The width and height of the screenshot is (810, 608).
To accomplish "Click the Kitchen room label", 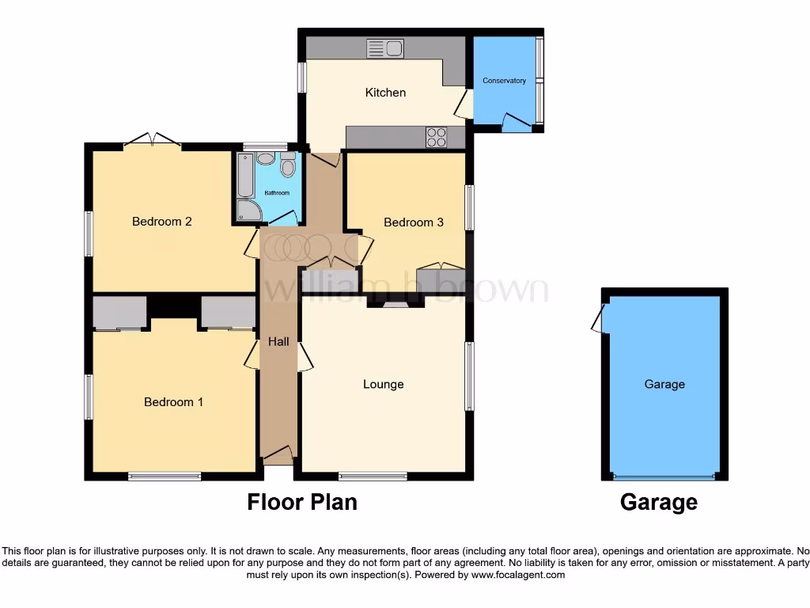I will pyautogui.click(x=385, y=93).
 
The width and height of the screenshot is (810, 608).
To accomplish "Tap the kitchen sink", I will pyautogui.click(x=385, y=48).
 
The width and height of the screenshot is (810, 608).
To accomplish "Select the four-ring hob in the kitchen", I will pyautogui.click(x=437, y=137).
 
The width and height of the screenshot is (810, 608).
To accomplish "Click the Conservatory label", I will pyautogui.click(x=504, y=81).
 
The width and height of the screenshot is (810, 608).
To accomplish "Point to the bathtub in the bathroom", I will pyautogui.click(x=245, y=175).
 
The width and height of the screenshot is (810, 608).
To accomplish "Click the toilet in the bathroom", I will pyautogui.click(x=287, y=165).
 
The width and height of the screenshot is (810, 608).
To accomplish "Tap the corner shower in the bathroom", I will pyautogui.click(x=248, y=210).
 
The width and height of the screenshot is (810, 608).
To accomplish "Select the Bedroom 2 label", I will pyautogui.click(x=161, y=222).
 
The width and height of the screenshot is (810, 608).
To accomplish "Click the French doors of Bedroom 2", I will pyautogui.click(x=152, y=141).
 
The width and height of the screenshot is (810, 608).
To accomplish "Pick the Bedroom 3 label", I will pyautogui.click(x=413, y=222).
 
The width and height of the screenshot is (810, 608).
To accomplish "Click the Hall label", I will pyautogui.click(x=278, y=342).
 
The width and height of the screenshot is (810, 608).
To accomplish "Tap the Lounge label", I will pyautogui.click(x=383, y=385).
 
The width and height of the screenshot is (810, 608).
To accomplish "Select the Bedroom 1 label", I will pyautogui.click(x=173, y=402).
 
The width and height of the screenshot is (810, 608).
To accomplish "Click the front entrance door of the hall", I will pyautogui.click(x=278, y=455).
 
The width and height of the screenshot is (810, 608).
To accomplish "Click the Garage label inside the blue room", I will pyautogui.click(x=664, y=385).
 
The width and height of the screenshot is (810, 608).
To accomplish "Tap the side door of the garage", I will pyautogui.click(x=598, y=321).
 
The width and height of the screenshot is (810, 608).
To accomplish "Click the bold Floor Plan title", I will pyautogui.click(x=302, y=502).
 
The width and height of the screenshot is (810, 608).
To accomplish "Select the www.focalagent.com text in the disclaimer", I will pyautogui.click(x=518, y=575).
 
